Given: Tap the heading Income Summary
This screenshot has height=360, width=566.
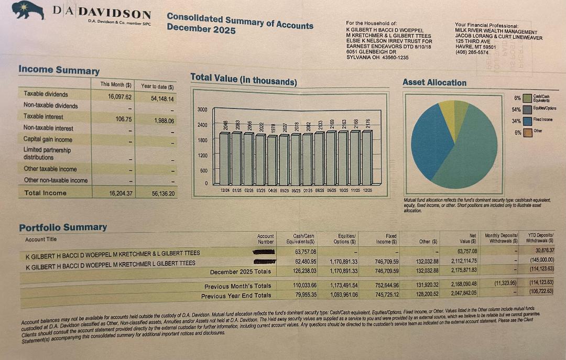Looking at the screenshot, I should pos(59,70).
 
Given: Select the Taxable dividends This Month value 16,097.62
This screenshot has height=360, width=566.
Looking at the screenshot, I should pos(120,97).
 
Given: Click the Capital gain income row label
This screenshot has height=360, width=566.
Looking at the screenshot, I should pos(48,139).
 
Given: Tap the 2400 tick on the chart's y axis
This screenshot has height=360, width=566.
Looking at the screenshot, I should pos(202,125).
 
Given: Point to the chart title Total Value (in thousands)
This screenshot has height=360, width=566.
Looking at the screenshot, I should pos(243,79).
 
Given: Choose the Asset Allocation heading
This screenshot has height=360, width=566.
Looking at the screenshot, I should pos(434,82).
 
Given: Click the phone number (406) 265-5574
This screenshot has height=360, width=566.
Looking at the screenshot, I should pos(472,52).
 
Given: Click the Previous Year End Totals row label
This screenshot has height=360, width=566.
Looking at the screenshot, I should pos(236,296).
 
